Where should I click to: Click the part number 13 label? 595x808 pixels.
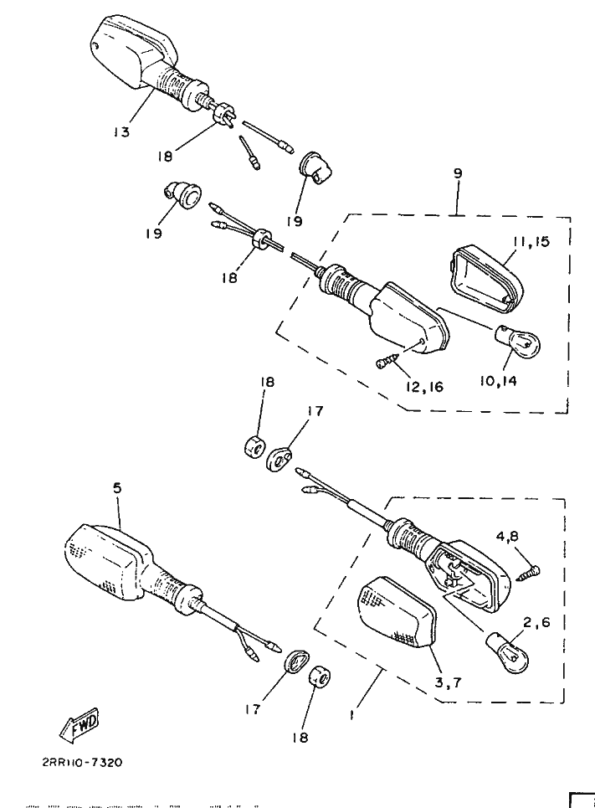pyautogui.click(x=122, y=132)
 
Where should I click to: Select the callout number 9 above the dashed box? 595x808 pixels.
pyautogui.click(x=458, y=174)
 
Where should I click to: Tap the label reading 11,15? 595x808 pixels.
pyautogui.click(x=531, y=242)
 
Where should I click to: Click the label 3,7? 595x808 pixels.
pyautogui.click(x=448, y=682)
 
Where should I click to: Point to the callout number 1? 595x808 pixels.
pyautogui.click(x=352, y=716)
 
